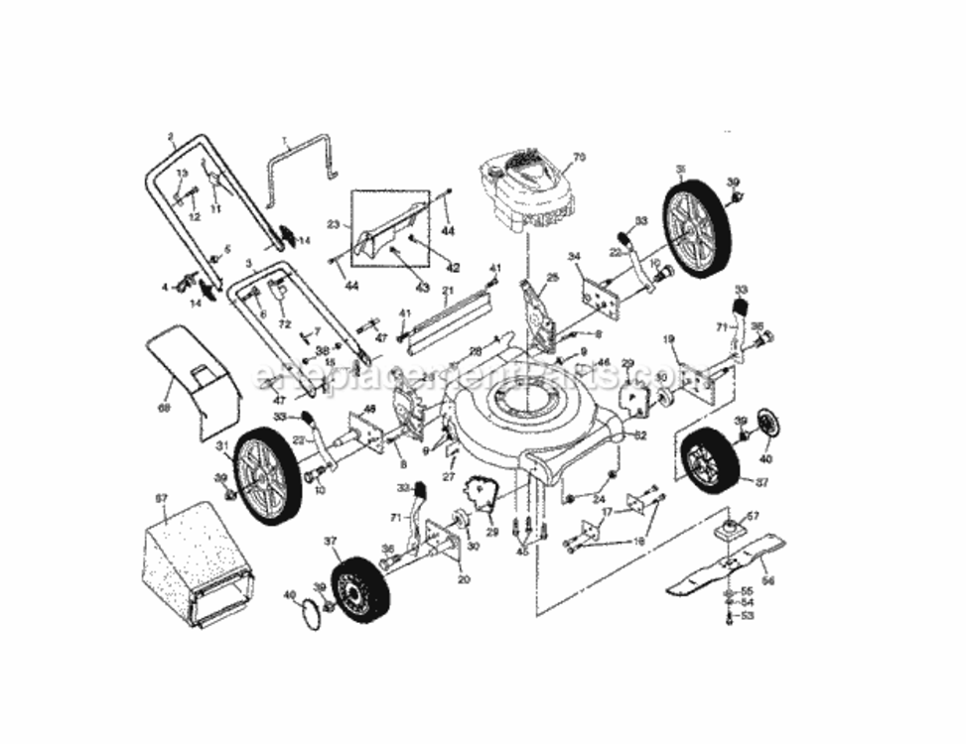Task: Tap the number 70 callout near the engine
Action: (x=581, y=157)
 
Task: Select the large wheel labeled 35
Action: (x=698, y=228)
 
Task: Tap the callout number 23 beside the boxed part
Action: (x=333, y=225)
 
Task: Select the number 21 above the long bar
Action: (x=447, y=292)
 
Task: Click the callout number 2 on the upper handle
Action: (x=171, y=137)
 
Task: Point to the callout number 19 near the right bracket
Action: (x=669, y=340)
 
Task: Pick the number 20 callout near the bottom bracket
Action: (x=464, y=579)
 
